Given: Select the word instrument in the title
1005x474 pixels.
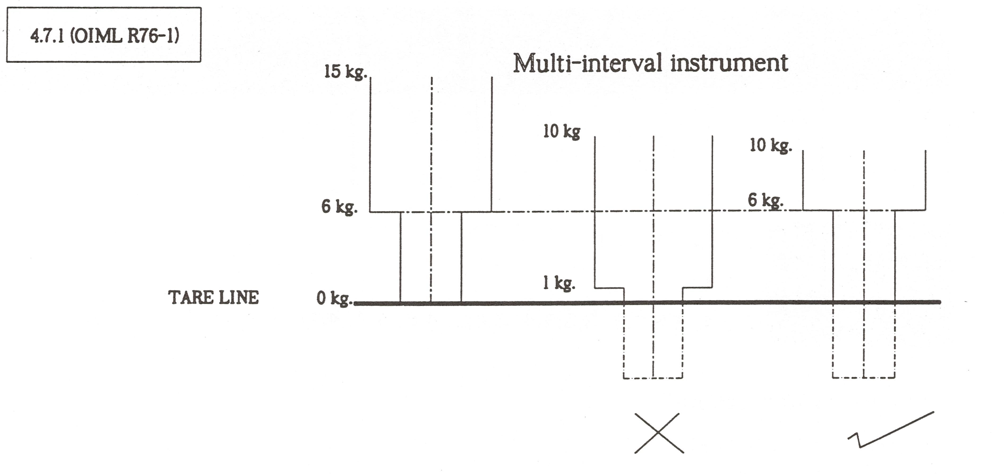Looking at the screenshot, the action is tap(729, 63).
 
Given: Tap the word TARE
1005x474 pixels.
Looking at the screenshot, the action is tap(190, 298).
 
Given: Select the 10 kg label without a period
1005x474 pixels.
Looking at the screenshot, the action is tap(562, 131).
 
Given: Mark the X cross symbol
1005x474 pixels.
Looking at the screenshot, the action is tap(659, 433).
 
